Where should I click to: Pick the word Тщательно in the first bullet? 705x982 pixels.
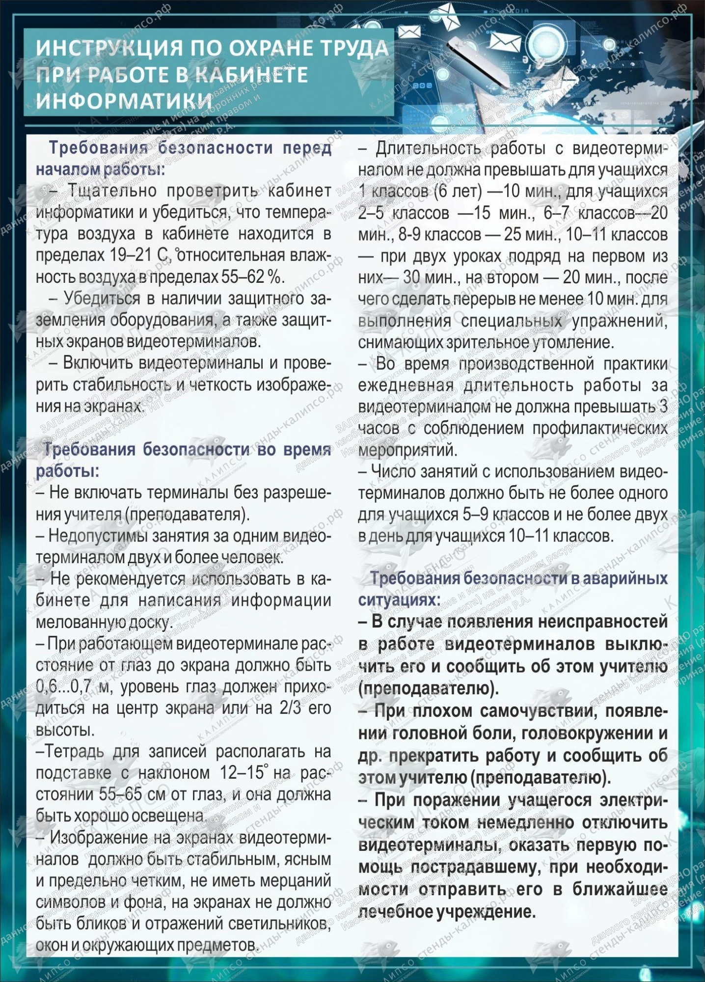pos(106,191)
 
